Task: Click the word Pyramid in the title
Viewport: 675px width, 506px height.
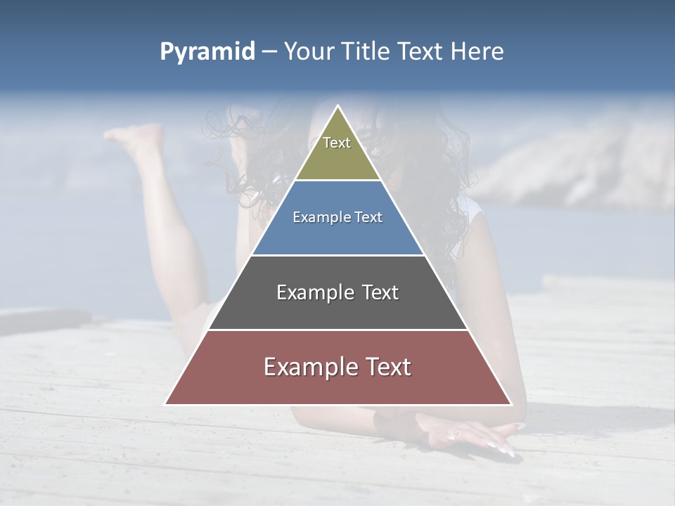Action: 207,52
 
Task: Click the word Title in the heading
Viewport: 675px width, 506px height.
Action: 366,51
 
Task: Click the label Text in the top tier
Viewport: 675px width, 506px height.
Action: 337,143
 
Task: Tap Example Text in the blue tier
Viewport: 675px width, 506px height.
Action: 337,217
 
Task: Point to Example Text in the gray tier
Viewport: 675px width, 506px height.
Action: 337,292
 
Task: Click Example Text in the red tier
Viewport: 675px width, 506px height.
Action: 337,367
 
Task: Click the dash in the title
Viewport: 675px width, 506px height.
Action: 269,52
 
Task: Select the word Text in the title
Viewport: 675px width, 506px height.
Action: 423,51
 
